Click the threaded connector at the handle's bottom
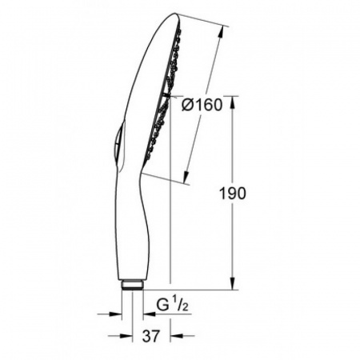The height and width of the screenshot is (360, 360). pos(133,285)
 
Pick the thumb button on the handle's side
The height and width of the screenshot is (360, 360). pos(117,146)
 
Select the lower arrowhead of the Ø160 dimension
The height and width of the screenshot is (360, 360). pos(188,177)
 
